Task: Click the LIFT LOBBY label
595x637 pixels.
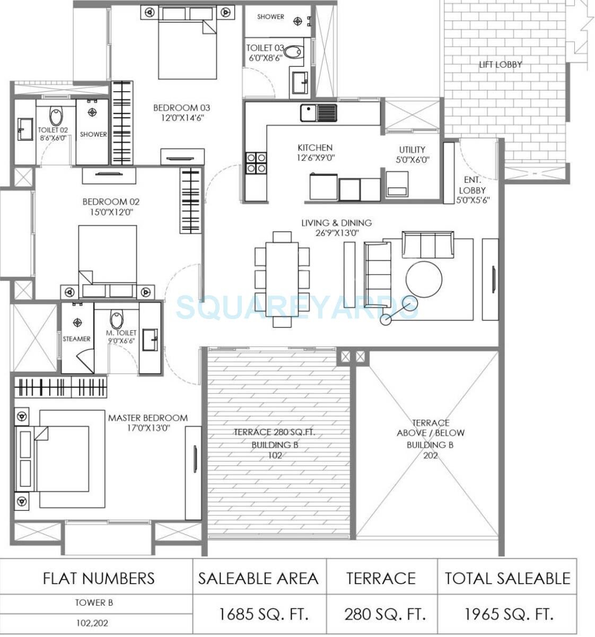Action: click(500, 65)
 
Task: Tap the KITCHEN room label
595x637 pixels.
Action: click(314, 148)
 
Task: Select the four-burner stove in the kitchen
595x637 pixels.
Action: click(256, 163)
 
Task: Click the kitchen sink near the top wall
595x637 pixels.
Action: click(318, 112)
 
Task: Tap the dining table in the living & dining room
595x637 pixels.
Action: click(282, 280)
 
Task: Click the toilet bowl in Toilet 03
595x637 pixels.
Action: click(293, 51)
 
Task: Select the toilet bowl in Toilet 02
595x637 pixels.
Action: click(56, 115)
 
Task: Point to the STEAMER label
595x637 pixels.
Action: click(76, 339)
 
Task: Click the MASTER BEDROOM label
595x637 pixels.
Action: click(147, 418)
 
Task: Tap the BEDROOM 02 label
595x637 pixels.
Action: click(111, 202)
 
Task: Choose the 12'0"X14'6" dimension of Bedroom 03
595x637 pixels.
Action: click(182, 118)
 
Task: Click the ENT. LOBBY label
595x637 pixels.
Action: click(472, 185)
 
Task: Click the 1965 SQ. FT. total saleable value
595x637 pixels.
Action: click(509, 614)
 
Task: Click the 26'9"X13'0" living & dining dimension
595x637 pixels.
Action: click(336, 234)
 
